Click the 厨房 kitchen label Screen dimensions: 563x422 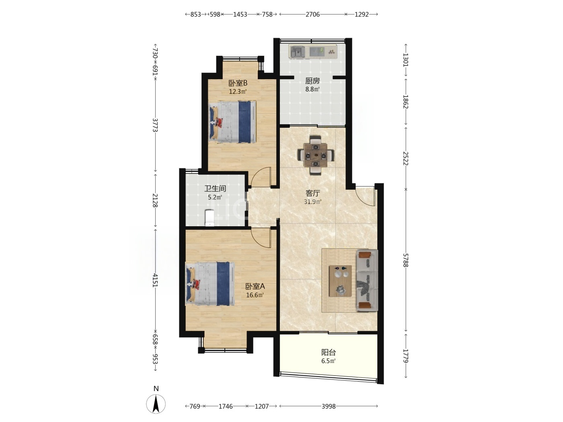(x=312, y=81)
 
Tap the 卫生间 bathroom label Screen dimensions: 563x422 (x=215, y=188)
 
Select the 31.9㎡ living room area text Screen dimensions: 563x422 (x=312, y=202)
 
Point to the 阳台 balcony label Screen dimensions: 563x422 (x=328, y=352)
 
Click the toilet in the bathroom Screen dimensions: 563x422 (x=210, y=218)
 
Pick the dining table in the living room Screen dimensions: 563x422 (x=316, y=155)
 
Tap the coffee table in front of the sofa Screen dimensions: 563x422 (x=340, y=281)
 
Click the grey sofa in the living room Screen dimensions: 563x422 (x=367, y=280)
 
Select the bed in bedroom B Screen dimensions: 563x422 (x=232, y=122)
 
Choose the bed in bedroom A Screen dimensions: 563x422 (x=210, y=284)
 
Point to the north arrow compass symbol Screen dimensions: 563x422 (x=156, y=404)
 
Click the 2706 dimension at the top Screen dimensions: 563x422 (x=312, y=14)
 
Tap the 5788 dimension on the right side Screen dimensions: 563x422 (x=405, y=260)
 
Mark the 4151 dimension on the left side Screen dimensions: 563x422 (x=155, y=280)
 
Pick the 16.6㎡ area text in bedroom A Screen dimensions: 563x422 (x=255, y=295)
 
